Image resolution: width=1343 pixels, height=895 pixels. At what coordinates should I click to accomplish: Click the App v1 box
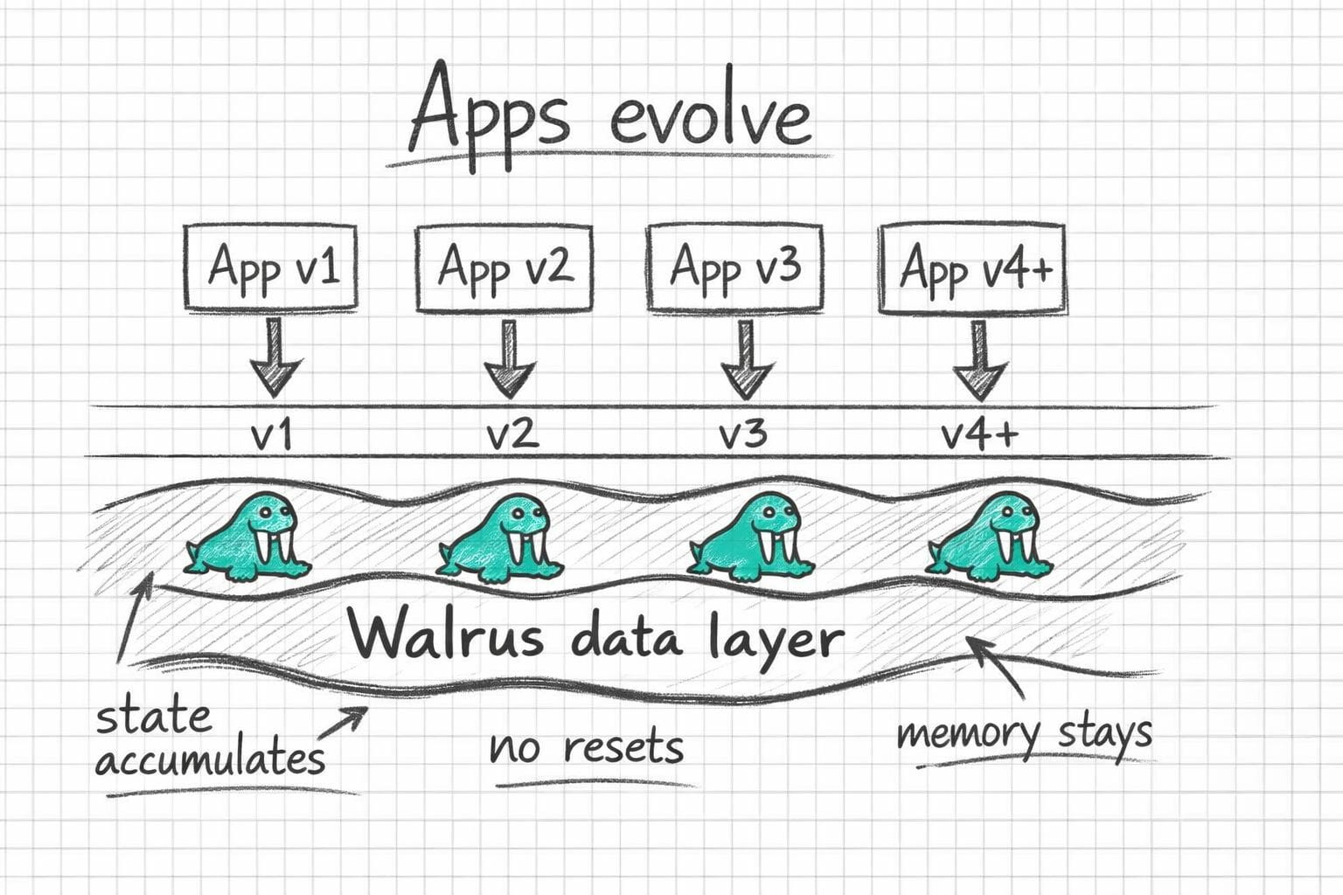(x=271, y=267)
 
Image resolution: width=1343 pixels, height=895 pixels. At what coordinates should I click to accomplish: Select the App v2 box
(x=504, y=267)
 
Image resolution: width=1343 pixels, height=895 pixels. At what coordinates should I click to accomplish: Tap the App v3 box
(x=734, y=267)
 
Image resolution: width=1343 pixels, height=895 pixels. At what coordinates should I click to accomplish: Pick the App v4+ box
(x=973, y=268)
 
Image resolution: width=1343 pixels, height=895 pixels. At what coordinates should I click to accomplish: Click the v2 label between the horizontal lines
(x=511, y=433)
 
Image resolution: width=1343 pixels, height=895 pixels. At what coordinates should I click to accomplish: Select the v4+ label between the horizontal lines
(x=979, y=433)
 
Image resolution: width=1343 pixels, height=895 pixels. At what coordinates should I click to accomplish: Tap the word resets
(x=623, y=748)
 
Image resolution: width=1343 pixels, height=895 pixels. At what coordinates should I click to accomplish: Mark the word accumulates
(x=210, y=757)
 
